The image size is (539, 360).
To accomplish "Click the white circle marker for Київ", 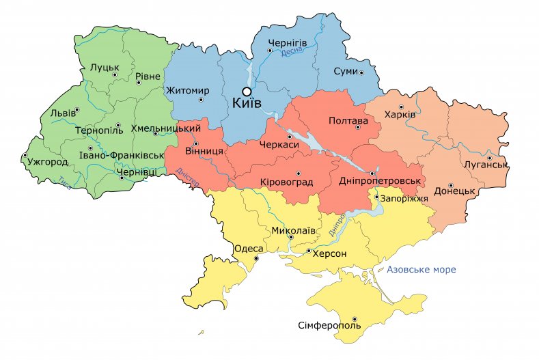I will pyautogui.click(x=247, y=91).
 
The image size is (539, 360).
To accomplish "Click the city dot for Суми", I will pyautogui.click(x=361, y=72).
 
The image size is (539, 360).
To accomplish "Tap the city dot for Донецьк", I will pyautogui.click(x=451, y=185).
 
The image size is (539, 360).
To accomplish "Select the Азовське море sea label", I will pyautogui.click(x=421, y=270).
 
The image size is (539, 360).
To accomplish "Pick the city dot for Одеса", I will pyautogui.click(x=257, y=259).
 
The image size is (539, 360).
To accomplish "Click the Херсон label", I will pyautogui.click(x=331, y=253).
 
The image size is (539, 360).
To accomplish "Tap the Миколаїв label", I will pyautogui.click(x=294, y=230).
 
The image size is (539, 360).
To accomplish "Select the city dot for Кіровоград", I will pyautogui.click(x=298, y=173).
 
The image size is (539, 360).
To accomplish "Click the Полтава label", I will pyautogui.click(x=348, y=121).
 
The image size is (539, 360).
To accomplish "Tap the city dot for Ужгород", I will pyautogui.click(x=24, y=156).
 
